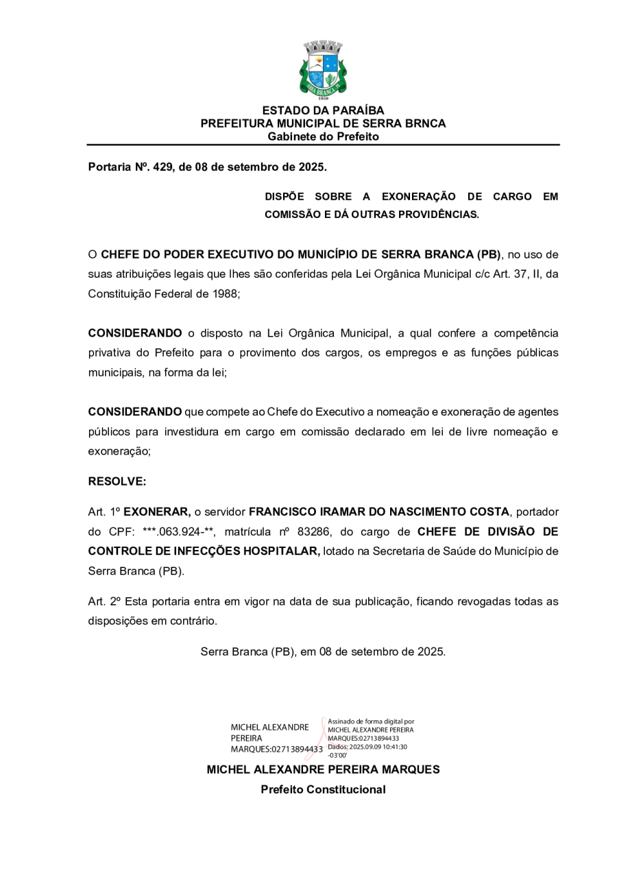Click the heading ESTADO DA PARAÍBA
[323, 110]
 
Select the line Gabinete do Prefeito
[323, 136]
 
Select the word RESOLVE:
[117, 481]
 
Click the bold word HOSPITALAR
[282, 551]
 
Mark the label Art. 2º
[104, 601]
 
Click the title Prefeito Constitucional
[323, 789]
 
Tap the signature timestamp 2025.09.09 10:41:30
[378, 747]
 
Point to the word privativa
[112, 353]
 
